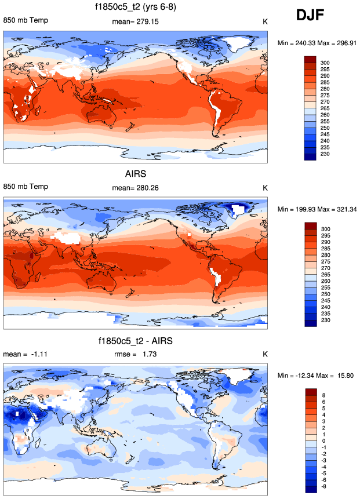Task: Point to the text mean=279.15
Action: [x=135, y=21]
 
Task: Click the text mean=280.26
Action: [x=135, y=188]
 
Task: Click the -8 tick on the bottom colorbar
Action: [x=324, y=487]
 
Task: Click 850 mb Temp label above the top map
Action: [x=26, y=21]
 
